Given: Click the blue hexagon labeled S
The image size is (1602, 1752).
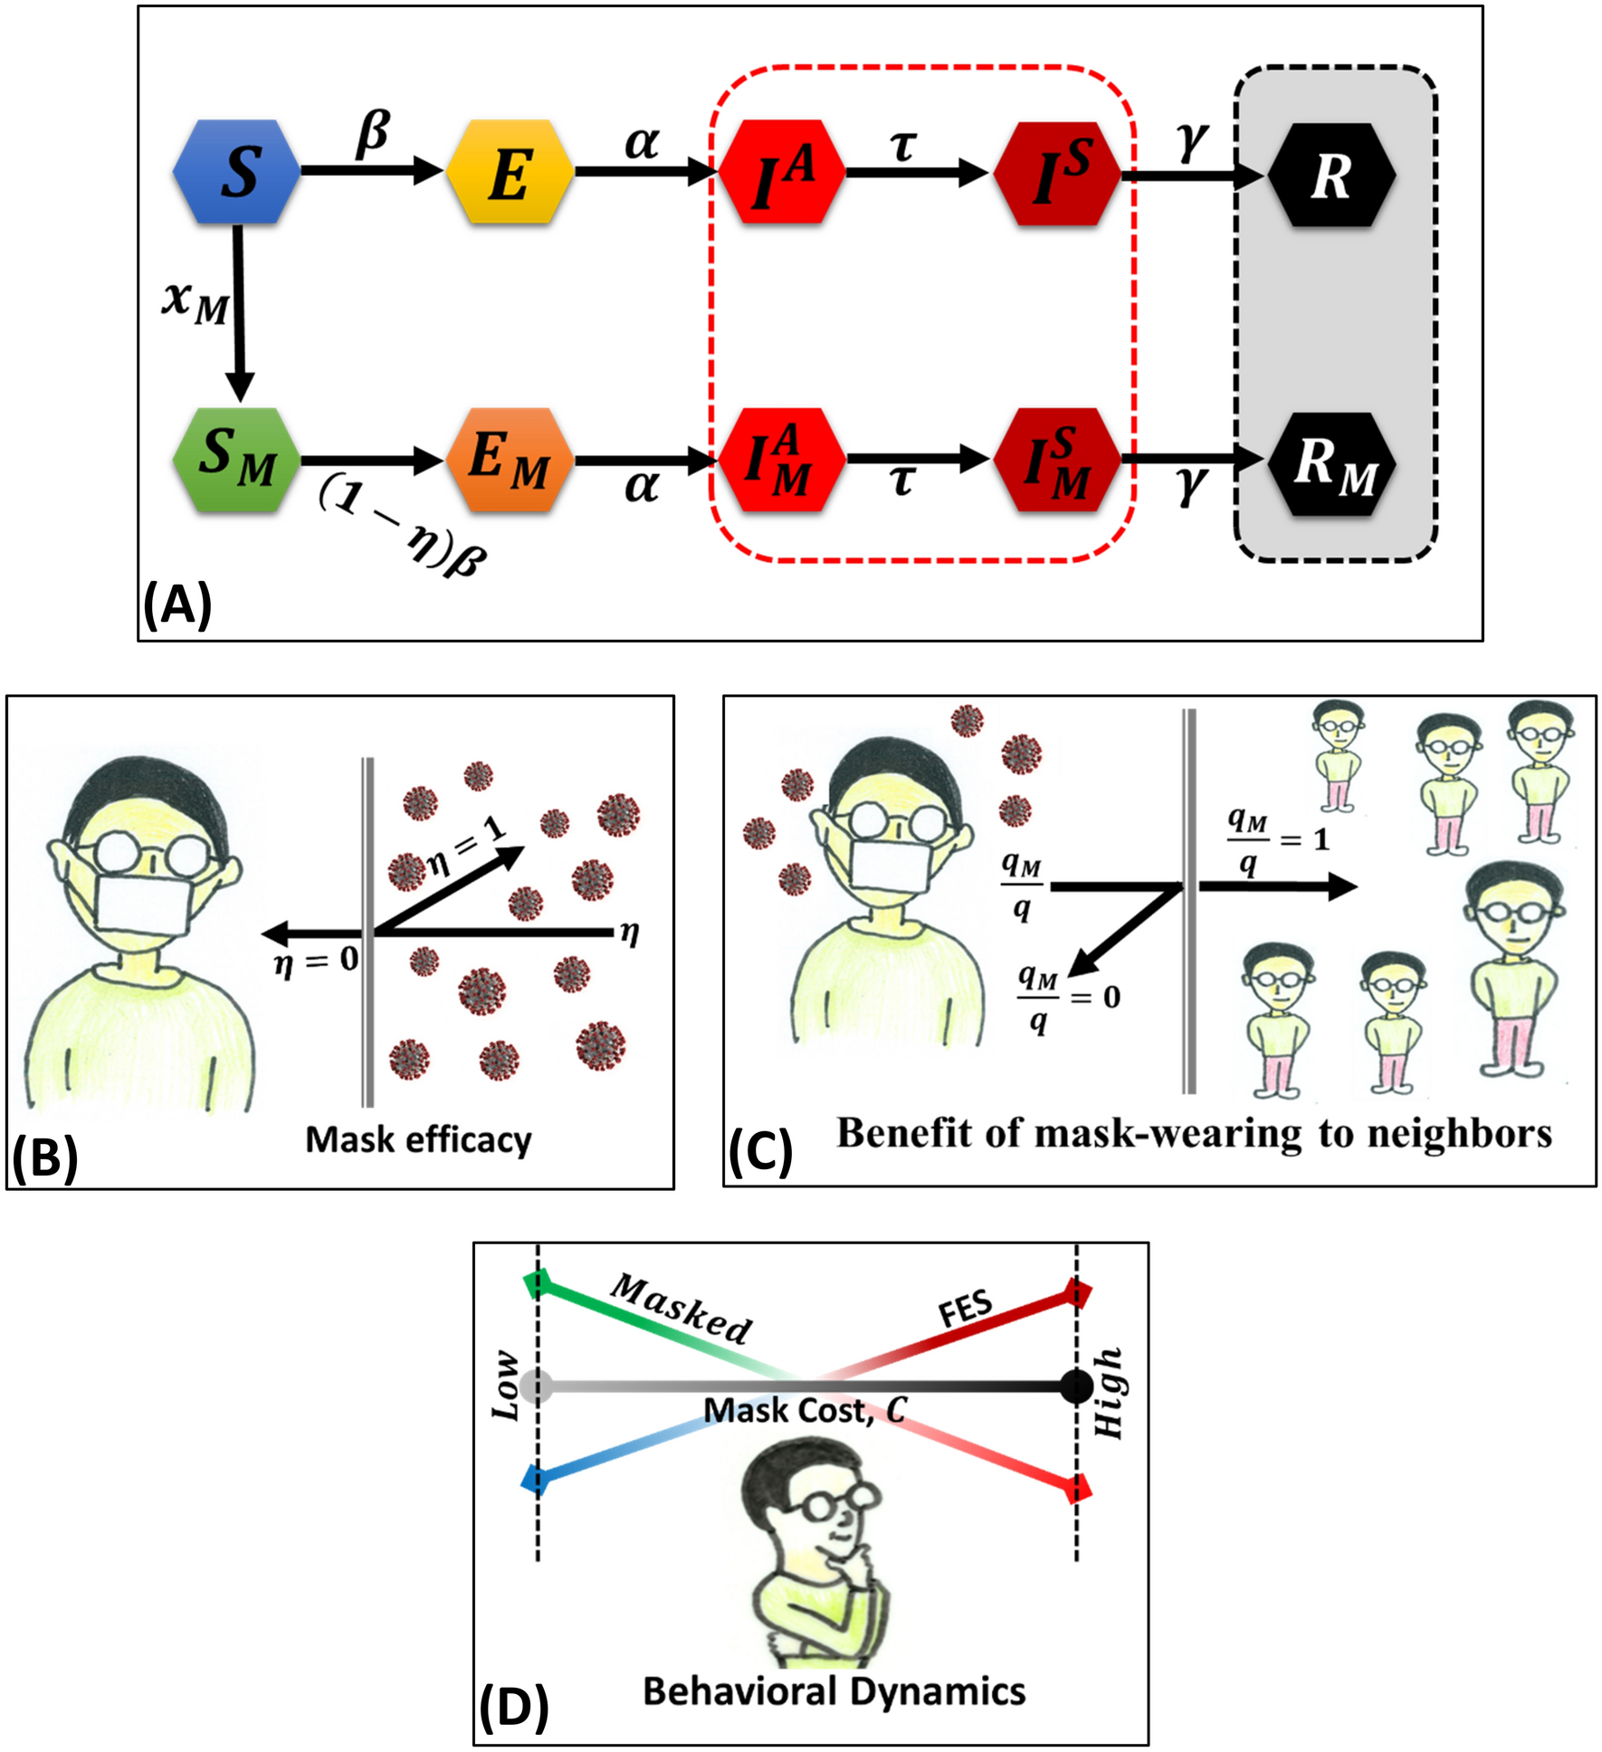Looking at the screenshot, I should tap(237, 172).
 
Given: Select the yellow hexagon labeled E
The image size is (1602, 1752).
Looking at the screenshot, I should tap(510, 172).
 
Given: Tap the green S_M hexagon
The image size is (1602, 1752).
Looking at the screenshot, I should tap(237, 460).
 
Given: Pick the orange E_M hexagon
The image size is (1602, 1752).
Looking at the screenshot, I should tap(510, 460).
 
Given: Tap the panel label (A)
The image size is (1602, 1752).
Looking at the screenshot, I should tap(177, 604).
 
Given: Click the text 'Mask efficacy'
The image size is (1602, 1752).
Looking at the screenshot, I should tap(418, 1139).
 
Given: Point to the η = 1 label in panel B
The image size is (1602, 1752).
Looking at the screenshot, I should tap(467, 850).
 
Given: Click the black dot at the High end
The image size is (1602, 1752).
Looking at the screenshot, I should tap(1076, 1385).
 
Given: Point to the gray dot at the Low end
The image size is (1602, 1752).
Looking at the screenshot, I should tap(538, 1385).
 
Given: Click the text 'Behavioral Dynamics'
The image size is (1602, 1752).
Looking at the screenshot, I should tap(834, 1690).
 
